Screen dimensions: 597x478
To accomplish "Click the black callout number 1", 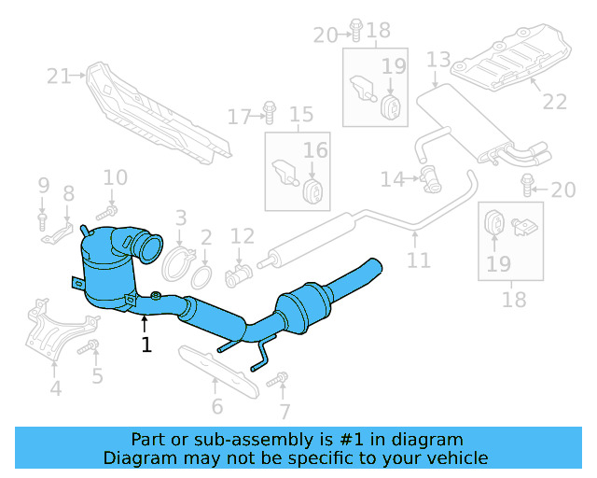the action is coord(146,344).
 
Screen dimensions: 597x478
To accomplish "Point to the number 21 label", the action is coord(60,76).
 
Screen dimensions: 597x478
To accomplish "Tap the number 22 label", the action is coord(554,102).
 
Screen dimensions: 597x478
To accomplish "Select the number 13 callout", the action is coord(438,61).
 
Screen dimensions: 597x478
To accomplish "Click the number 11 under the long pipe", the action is coord(419,260).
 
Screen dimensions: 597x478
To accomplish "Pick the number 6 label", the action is coord(216,406).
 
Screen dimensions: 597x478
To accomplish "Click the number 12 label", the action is coord(242,236).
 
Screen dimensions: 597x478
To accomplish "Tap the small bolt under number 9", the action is coord(43,220).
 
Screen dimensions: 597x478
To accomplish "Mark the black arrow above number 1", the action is coord(146,323).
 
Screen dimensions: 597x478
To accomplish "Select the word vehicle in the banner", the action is coord(458,457).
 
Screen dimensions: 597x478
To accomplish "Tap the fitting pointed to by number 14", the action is coord(430,176).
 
